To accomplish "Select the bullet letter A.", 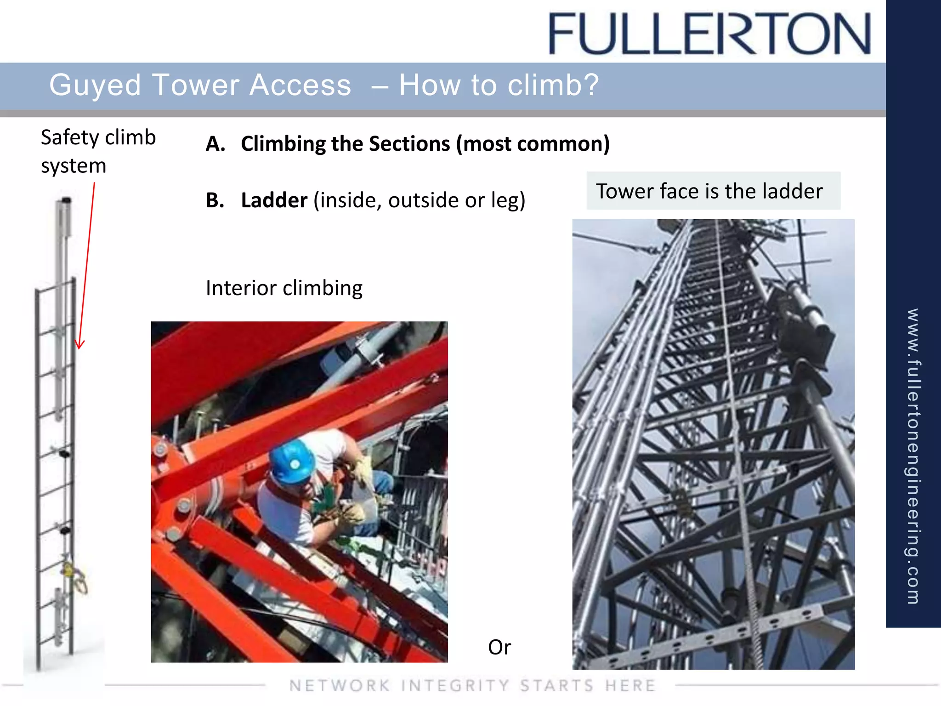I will (215, 144).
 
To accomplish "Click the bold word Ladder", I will (274, 200).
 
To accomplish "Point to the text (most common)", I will (533, 144).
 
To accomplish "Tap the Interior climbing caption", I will (284, 288).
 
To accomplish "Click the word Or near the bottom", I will (499, 647).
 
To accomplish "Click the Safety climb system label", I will (98, 151).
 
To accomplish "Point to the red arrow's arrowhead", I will (79, 346).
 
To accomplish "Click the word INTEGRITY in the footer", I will (455, 685).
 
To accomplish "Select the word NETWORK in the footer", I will (340, 685).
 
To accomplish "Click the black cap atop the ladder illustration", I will (66, 200).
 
